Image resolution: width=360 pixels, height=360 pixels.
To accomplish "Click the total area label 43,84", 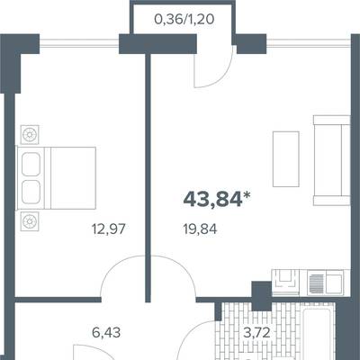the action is [x=212, y=200].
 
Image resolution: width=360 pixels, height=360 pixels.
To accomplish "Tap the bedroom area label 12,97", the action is [x=108, y=229].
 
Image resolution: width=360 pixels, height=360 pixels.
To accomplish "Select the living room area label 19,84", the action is [x=200, y=229].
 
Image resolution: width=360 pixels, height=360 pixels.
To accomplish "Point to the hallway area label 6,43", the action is [x=106, y=333].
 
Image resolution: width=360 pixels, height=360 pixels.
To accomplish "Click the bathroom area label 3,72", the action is [x=256, y=333].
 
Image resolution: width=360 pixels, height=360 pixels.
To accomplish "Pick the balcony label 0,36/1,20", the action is [x=184, y=20].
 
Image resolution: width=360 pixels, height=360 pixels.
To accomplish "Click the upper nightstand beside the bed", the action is [x=30, y=134].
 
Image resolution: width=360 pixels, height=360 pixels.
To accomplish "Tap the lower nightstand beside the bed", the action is [x=30, y=221].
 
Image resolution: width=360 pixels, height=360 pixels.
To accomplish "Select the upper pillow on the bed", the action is [x=31, y=164].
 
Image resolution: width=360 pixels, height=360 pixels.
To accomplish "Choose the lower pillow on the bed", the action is [x=31, y=192].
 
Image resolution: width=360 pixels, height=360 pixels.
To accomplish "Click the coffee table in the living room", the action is [x=285, y=159].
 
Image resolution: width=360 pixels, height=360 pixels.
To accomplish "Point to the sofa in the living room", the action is [x=331, y=160].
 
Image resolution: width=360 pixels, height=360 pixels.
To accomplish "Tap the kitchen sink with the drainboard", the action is [x=325, y=282].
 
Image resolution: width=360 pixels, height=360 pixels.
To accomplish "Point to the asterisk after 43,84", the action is [x=247, y=195].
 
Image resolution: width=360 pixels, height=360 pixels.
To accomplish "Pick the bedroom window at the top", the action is [x=79, y=44].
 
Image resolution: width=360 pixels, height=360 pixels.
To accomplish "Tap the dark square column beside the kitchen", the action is [x=262, y=295].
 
